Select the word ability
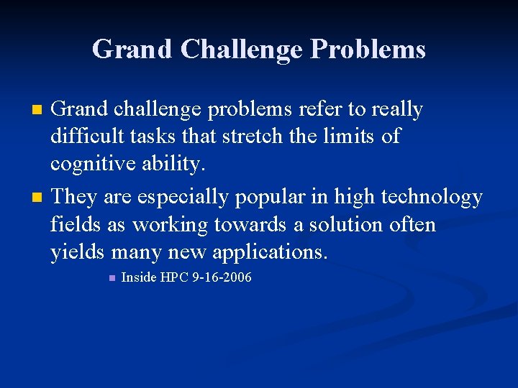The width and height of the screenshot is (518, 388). [173, 165]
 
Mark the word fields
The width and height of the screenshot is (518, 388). [74, 224]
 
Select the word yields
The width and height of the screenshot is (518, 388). [78, 252]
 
